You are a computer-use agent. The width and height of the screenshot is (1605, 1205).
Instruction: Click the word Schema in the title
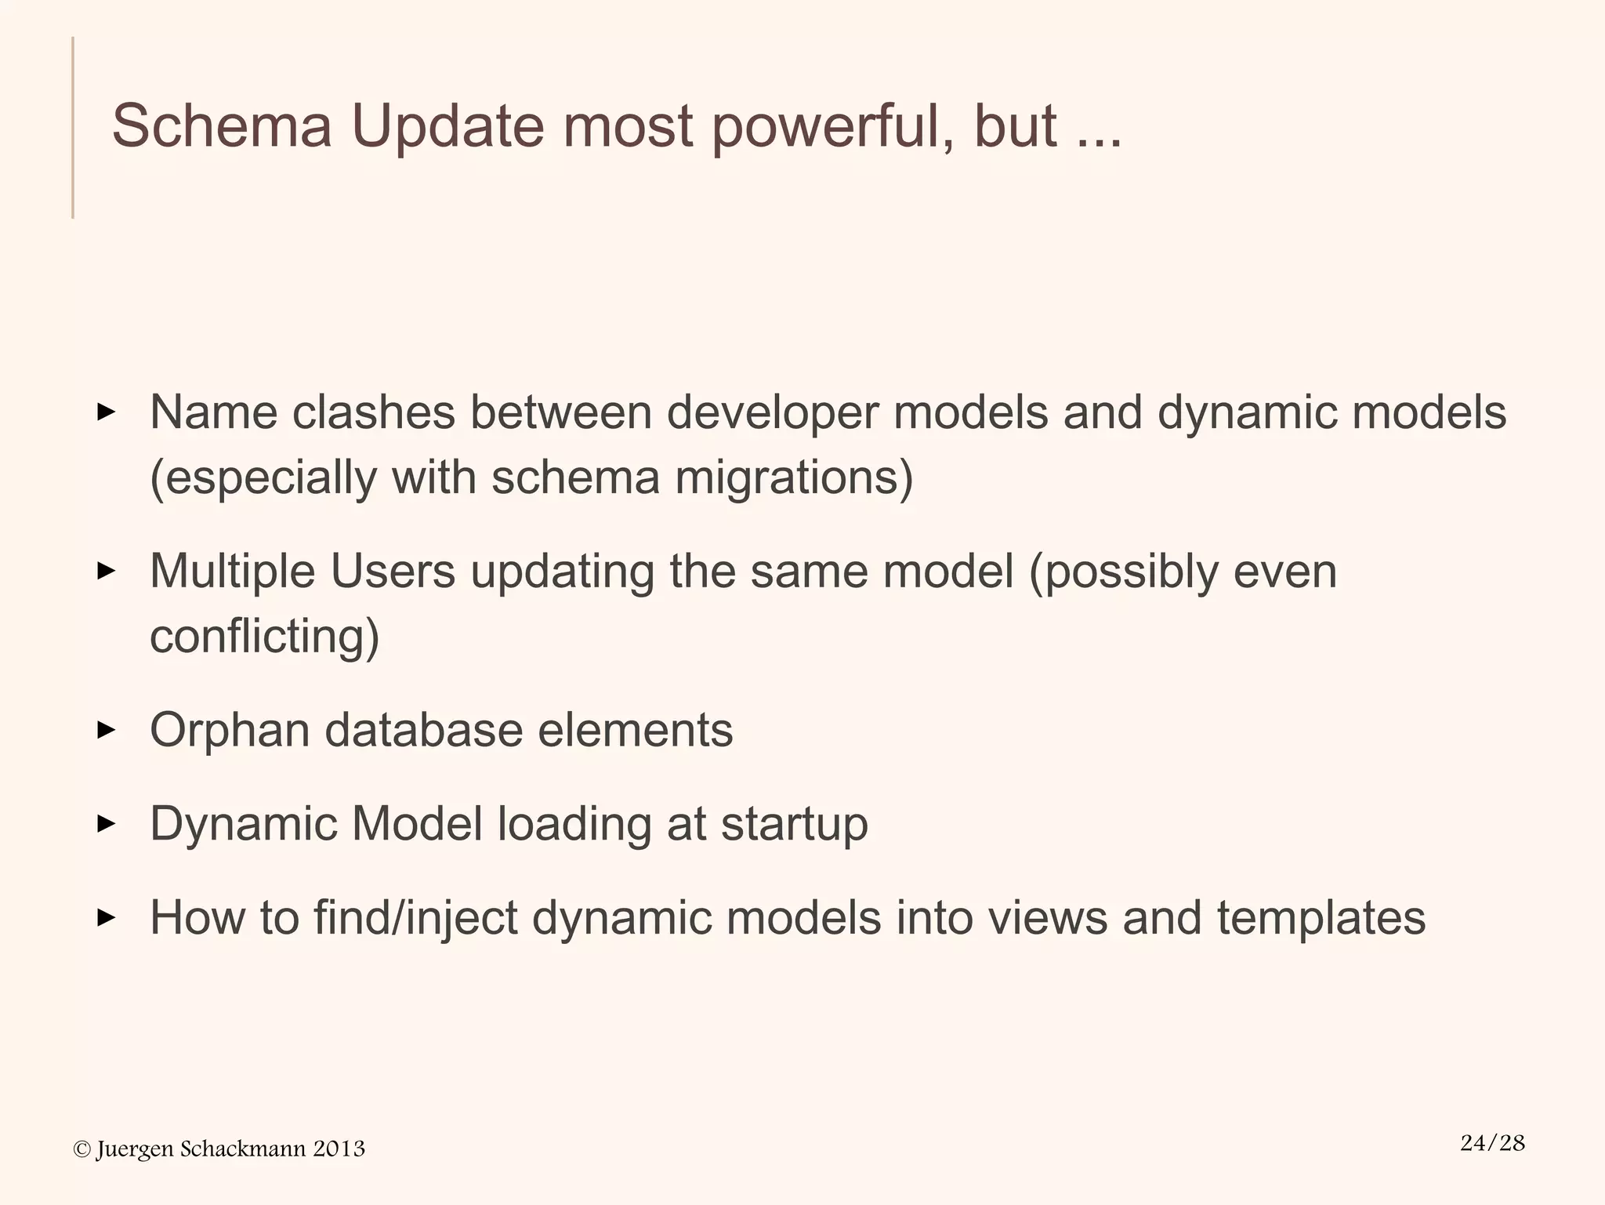[222, 126]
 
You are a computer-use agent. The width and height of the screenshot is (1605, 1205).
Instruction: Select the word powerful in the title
[831, 126]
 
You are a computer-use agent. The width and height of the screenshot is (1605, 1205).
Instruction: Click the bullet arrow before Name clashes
[106, 412]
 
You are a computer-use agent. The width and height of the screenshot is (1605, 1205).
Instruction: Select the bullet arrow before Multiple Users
[106, 571]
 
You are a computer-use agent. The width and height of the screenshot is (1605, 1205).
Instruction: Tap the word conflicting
[264, 636]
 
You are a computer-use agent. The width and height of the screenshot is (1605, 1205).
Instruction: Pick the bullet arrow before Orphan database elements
[106, 730]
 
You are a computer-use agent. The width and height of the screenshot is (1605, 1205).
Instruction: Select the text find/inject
[415, 918]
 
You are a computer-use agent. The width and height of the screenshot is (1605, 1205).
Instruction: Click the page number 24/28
[1492, 1143]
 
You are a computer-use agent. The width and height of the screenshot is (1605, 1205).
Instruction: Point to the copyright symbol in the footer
[82, 1149]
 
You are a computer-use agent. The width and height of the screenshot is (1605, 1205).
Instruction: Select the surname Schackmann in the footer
[243, 1149]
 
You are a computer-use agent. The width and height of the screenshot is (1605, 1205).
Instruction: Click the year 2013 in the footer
[339, 1149]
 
